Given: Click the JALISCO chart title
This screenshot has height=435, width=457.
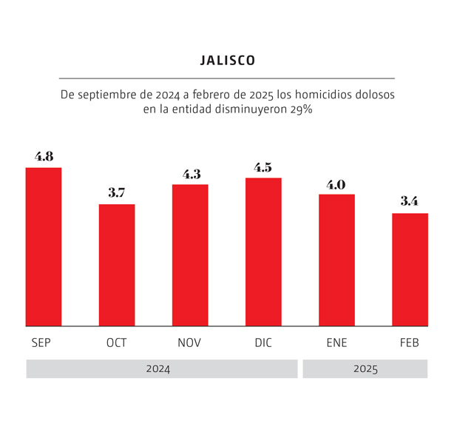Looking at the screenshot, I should [228, 61].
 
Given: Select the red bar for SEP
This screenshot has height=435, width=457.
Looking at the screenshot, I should [44, 246].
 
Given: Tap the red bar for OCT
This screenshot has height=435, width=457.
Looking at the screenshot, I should [117, 265].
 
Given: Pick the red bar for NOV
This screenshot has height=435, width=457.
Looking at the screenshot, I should [190, 254].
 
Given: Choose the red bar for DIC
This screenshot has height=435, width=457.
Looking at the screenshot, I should [263, 252].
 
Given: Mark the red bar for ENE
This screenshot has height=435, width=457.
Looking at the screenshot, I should [336, 260].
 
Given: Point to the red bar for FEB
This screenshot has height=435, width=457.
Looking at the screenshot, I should [410, 269].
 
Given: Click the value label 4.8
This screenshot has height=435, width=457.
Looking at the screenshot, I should [44, 157].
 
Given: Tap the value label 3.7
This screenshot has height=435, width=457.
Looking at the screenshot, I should [117, 193].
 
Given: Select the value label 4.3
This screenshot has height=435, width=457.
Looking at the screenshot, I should [191, 175].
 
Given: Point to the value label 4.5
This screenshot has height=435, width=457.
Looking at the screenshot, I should [263, 167].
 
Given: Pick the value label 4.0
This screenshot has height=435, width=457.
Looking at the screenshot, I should [336, 184].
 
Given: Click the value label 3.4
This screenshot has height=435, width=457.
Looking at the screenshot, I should [410, 201].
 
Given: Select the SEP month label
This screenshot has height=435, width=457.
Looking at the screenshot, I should [41, 343].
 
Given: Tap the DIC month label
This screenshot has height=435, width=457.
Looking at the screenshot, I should [263, 343].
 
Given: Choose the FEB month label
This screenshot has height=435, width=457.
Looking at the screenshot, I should [410, 343].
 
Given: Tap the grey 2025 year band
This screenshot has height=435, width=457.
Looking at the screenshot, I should [365, 369].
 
